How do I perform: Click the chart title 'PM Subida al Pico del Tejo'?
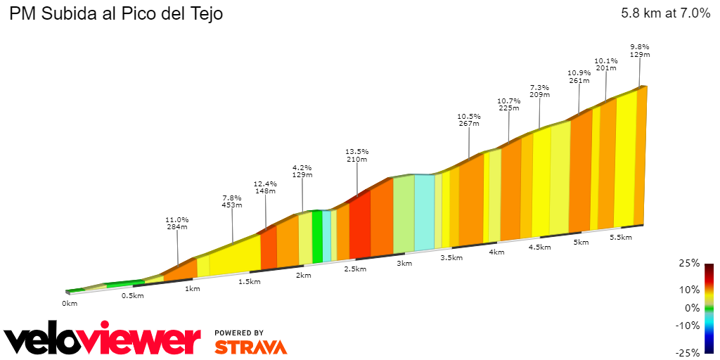tap(116, 13)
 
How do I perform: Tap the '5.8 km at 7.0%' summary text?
tap(665, 13)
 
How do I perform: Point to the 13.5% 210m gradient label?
tap(357, 155)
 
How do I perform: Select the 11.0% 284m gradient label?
tap(177, 223)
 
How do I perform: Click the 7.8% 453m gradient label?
tap(232, 201)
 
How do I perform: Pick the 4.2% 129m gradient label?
tap(302, 172)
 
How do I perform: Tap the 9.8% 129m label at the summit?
tap(640, 51)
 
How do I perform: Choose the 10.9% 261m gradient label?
tap(579, 77)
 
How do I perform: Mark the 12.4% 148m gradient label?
tap(265, 186)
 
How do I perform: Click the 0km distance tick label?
tap(69, 303)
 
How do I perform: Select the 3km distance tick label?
tap(404, 263)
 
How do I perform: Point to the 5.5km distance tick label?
tap(621, 238)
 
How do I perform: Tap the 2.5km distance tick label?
tap(354, 269)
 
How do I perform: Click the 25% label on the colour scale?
tap(690, 263)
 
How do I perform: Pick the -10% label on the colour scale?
tap(688, 326)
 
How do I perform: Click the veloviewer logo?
tap(102, 341)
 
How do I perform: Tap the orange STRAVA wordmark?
tap(250, 347)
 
